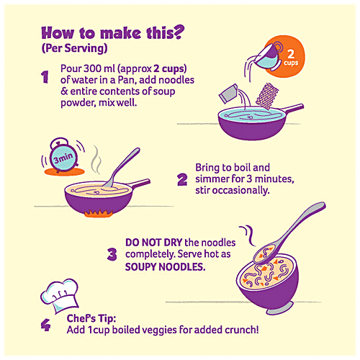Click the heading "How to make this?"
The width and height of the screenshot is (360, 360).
coord(113,32)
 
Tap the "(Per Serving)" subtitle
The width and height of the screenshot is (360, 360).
coord(74,48)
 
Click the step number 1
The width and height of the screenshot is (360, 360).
coord(45,77)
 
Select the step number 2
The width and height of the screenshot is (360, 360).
coord(182,179)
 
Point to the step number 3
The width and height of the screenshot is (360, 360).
coord(112,254)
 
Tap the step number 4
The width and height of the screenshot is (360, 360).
coord(45,325)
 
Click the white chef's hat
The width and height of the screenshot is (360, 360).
coord(60,296)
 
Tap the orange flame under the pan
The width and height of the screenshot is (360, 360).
coord(98,213)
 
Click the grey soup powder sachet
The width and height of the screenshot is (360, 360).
coord(228,94)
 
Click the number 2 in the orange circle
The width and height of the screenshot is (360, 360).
coord(291,54)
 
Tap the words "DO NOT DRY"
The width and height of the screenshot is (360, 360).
coord(154,243)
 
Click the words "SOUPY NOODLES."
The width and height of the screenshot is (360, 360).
coord(166,267)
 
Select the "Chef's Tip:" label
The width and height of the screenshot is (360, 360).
coord(91,318)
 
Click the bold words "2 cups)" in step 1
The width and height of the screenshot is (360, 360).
coord(170,69)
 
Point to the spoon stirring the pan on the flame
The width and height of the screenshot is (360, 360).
coord(122,167)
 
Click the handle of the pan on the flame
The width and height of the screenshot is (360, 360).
coord(139,183)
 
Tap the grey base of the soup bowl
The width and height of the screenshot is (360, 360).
coord(280,309)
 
